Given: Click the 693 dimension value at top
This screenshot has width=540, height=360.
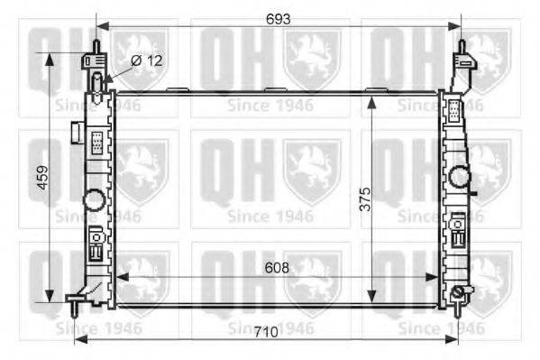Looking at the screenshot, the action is click(278, 19).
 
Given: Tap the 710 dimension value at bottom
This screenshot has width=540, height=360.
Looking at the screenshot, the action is click(266, 332).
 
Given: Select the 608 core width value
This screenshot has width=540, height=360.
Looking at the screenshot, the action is click(277, 268).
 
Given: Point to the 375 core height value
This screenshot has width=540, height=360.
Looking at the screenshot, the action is click(365, 199).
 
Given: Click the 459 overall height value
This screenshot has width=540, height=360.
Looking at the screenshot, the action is click(43, 177).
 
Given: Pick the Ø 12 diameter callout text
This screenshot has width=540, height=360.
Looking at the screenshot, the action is click(147, 60).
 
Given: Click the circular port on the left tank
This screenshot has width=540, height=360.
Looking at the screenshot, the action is click(94, 200).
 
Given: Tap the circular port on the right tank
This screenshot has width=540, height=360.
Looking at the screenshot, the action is click(460, 177).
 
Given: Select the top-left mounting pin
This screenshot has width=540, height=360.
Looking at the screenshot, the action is click(96, 47).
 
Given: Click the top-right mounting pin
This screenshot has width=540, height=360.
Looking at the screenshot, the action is click(462, 47).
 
